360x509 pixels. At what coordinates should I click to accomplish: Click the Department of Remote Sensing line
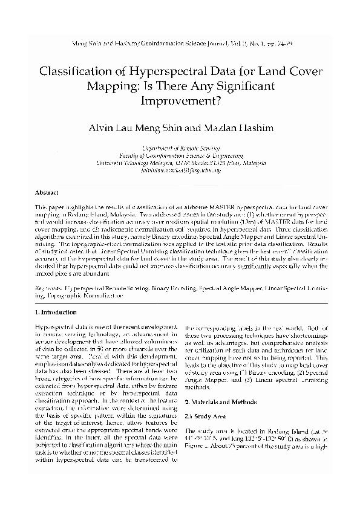point(180,148)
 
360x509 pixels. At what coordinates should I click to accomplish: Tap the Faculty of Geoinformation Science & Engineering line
point(180,155)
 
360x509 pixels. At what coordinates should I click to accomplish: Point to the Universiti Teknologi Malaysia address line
point(180,163)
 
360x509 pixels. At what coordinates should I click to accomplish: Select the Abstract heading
point(47,192)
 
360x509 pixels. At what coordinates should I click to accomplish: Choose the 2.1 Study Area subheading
point(204,418)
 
